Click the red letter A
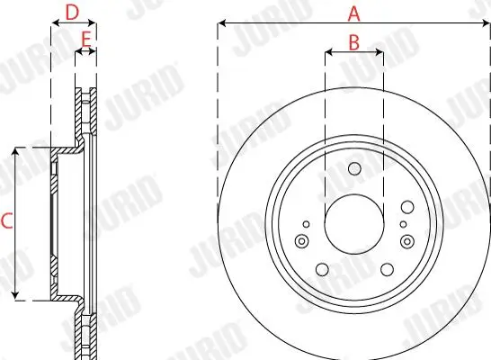(x=353, y=13)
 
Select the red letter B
(x=353, y=41)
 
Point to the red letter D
(x=73, y=12)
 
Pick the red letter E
(x=86, y=40)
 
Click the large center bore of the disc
(x=353, y=222)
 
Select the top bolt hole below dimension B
(x=353, y=169)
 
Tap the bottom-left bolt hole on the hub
(x=321, y=269)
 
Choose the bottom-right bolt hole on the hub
(x=387, y=269)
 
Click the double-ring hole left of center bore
(x=301, y=240)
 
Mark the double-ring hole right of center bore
(x=407, y=240)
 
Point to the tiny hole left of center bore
(x=306, y=223)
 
